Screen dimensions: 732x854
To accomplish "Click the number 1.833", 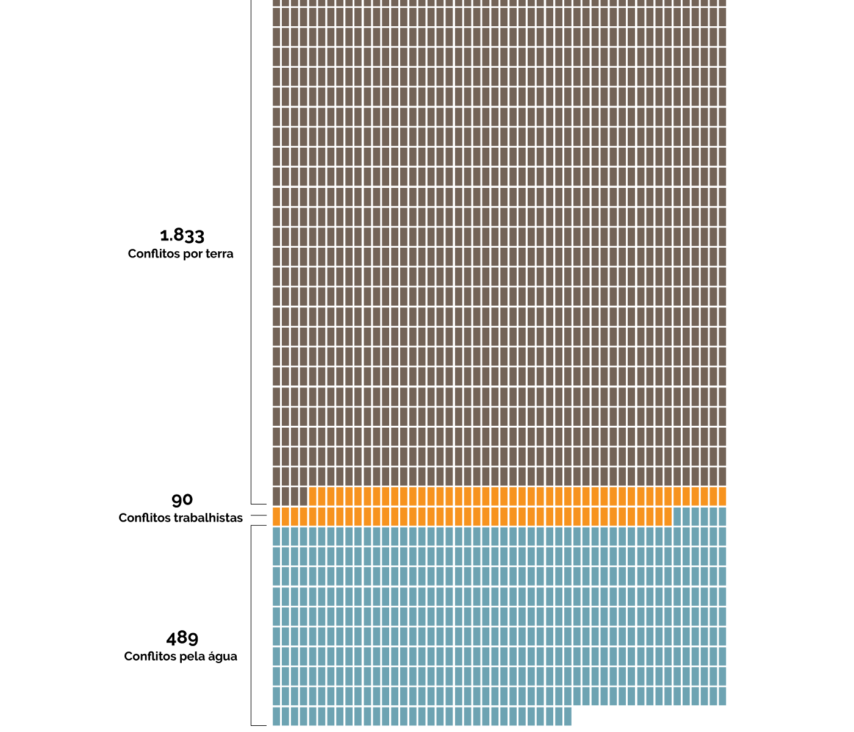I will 182,235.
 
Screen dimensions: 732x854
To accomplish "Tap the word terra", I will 218,254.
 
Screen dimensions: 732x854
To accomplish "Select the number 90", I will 182,500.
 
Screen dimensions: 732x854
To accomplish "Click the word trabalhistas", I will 209,518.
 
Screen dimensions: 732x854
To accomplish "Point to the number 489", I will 182,639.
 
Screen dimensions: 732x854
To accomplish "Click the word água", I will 223,657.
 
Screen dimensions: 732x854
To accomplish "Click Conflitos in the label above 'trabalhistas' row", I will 144,518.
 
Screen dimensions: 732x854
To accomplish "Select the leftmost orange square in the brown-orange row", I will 313,496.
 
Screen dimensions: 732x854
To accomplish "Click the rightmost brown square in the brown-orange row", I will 303,496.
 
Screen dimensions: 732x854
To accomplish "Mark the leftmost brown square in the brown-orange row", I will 276,496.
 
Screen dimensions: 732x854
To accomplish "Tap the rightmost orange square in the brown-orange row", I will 722,496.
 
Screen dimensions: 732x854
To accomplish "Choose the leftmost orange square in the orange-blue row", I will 276,516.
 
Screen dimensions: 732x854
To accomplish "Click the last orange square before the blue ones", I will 667,516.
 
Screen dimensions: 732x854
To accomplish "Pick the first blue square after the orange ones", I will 677,516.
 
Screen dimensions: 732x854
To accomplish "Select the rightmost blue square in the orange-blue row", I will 722,516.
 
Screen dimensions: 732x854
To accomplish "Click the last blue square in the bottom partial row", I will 567,716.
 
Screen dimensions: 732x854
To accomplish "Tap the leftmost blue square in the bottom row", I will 276,716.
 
